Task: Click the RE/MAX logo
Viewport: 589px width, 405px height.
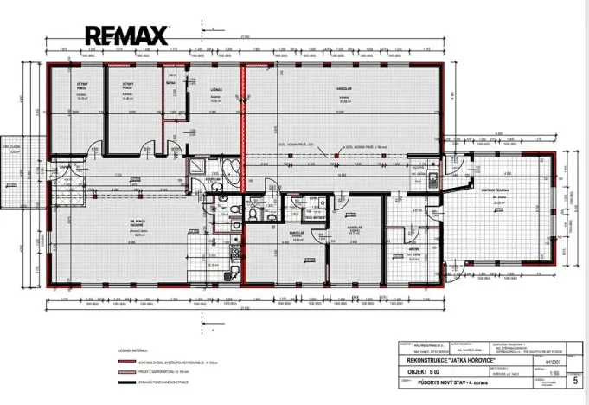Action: coord(125,36)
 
